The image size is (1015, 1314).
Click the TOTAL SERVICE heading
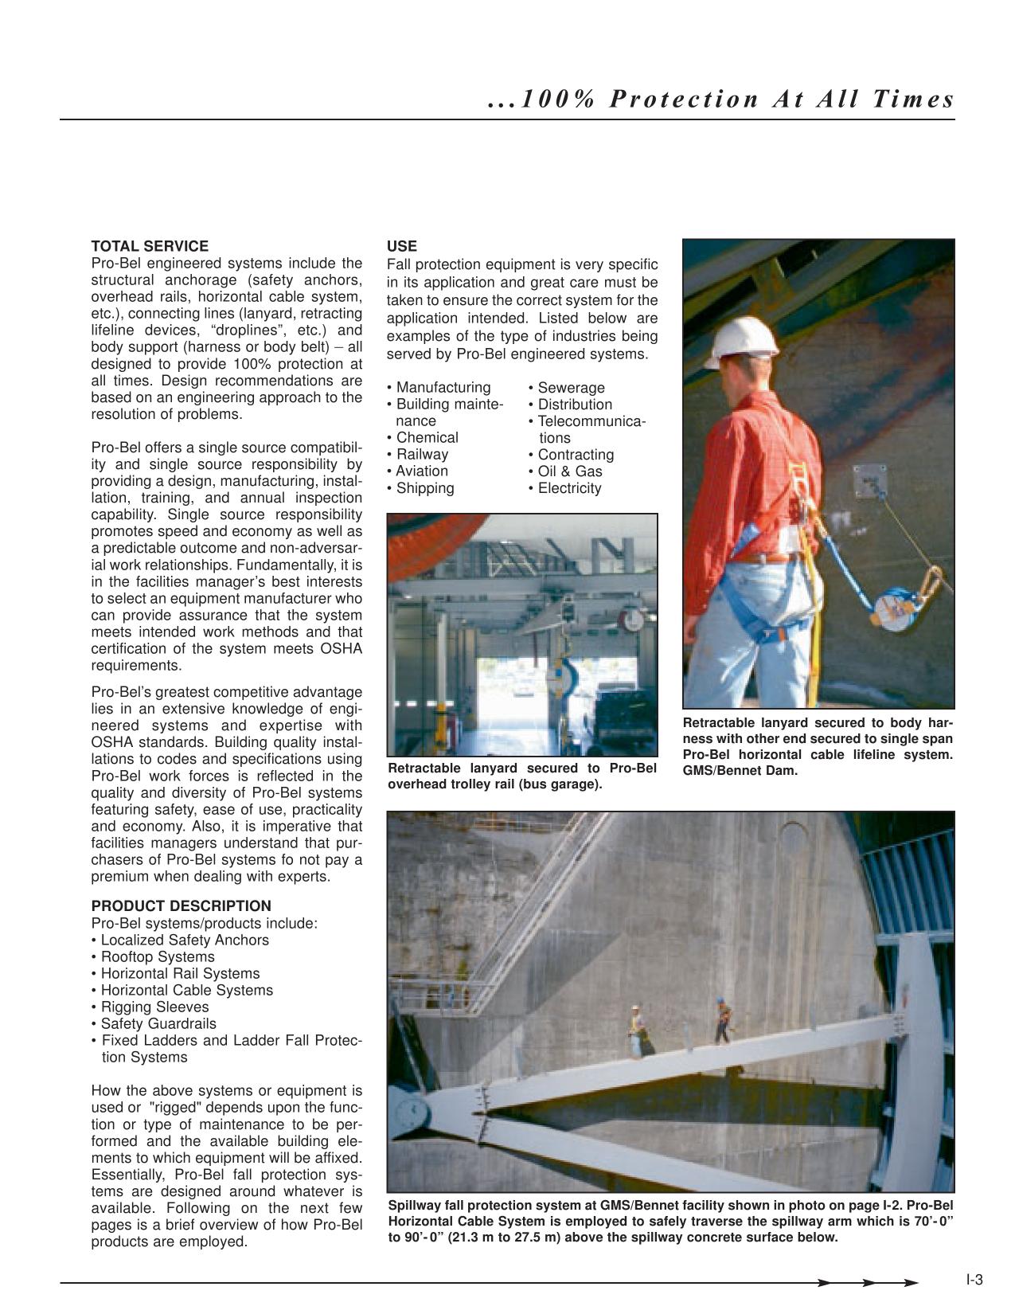click(x=150, y=246)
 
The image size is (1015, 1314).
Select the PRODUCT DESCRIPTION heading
click(x=181, y=905)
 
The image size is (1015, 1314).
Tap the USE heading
click(x=401, y=246)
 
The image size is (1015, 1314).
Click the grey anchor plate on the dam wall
click(x=869, y=482)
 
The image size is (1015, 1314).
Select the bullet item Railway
click(x=422, y=454)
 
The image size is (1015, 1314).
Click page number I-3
click(x=974, y=1281)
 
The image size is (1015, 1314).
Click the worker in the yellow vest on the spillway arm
click(x=636, y=1031)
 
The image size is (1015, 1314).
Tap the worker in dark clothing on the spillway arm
click(x=721, y=1021)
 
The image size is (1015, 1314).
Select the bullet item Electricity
click(x=569, y=488)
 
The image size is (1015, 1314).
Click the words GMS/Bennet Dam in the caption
click(x=740, y=770)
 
